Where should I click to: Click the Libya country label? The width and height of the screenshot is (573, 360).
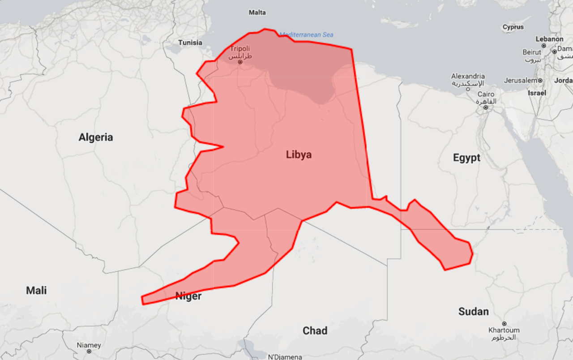299,155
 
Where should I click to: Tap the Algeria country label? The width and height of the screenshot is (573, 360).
96,137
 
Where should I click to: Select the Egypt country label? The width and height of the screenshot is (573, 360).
466,158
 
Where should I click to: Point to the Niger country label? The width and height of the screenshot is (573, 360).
188,296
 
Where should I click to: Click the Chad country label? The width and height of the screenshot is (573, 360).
315,331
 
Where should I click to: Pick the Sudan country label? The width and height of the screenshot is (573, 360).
473,312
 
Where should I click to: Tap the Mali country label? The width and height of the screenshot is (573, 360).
36,291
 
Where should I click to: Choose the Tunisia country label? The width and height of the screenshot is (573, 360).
190,43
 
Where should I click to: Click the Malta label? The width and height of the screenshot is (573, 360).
257,13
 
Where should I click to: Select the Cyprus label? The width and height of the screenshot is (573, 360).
513,27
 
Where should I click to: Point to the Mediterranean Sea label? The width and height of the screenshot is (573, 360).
306,34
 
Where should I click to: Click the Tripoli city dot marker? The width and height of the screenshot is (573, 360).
240,62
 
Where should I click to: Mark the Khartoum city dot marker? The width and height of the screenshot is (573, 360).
504,324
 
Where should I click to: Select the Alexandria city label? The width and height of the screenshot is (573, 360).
468,76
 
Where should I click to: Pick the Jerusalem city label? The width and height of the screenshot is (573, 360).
520,80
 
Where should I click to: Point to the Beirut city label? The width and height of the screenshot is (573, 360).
532,52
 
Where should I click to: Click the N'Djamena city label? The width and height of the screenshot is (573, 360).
285,357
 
